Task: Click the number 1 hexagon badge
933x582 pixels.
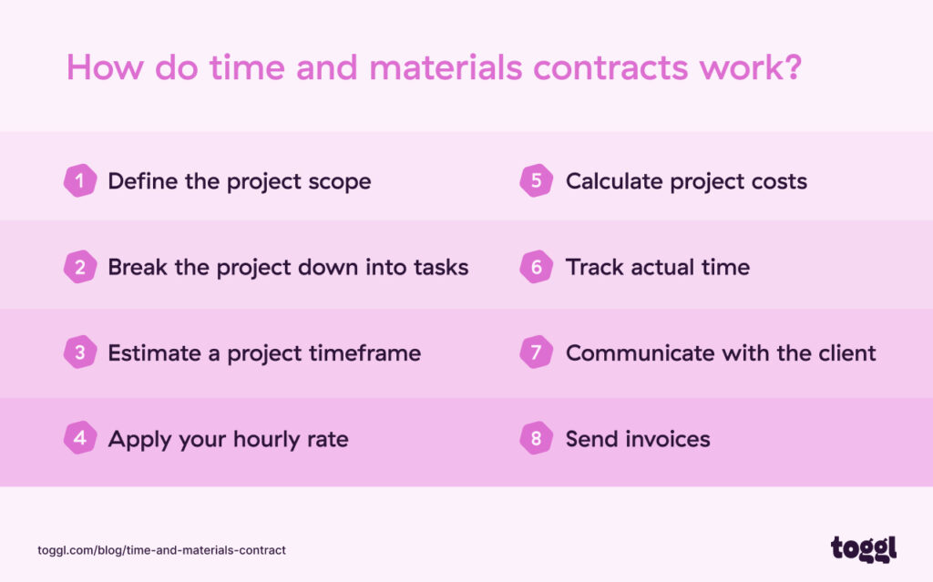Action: pos(80,180)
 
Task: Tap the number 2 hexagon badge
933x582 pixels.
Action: pos(80,267)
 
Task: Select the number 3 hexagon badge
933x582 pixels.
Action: pos(80,352)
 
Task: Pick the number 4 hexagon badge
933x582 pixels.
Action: pos(80,438)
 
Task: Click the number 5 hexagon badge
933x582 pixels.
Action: pos(537,180)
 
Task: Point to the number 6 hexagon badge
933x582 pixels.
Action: pos(537,267)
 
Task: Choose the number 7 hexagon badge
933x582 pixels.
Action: pos(537,352)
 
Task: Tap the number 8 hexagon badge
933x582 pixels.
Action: pos(537,438)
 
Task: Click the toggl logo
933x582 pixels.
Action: pos(863,548)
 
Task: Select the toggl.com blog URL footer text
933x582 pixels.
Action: pos(162,550)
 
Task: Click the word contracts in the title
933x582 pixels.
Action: pos(617,69)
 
